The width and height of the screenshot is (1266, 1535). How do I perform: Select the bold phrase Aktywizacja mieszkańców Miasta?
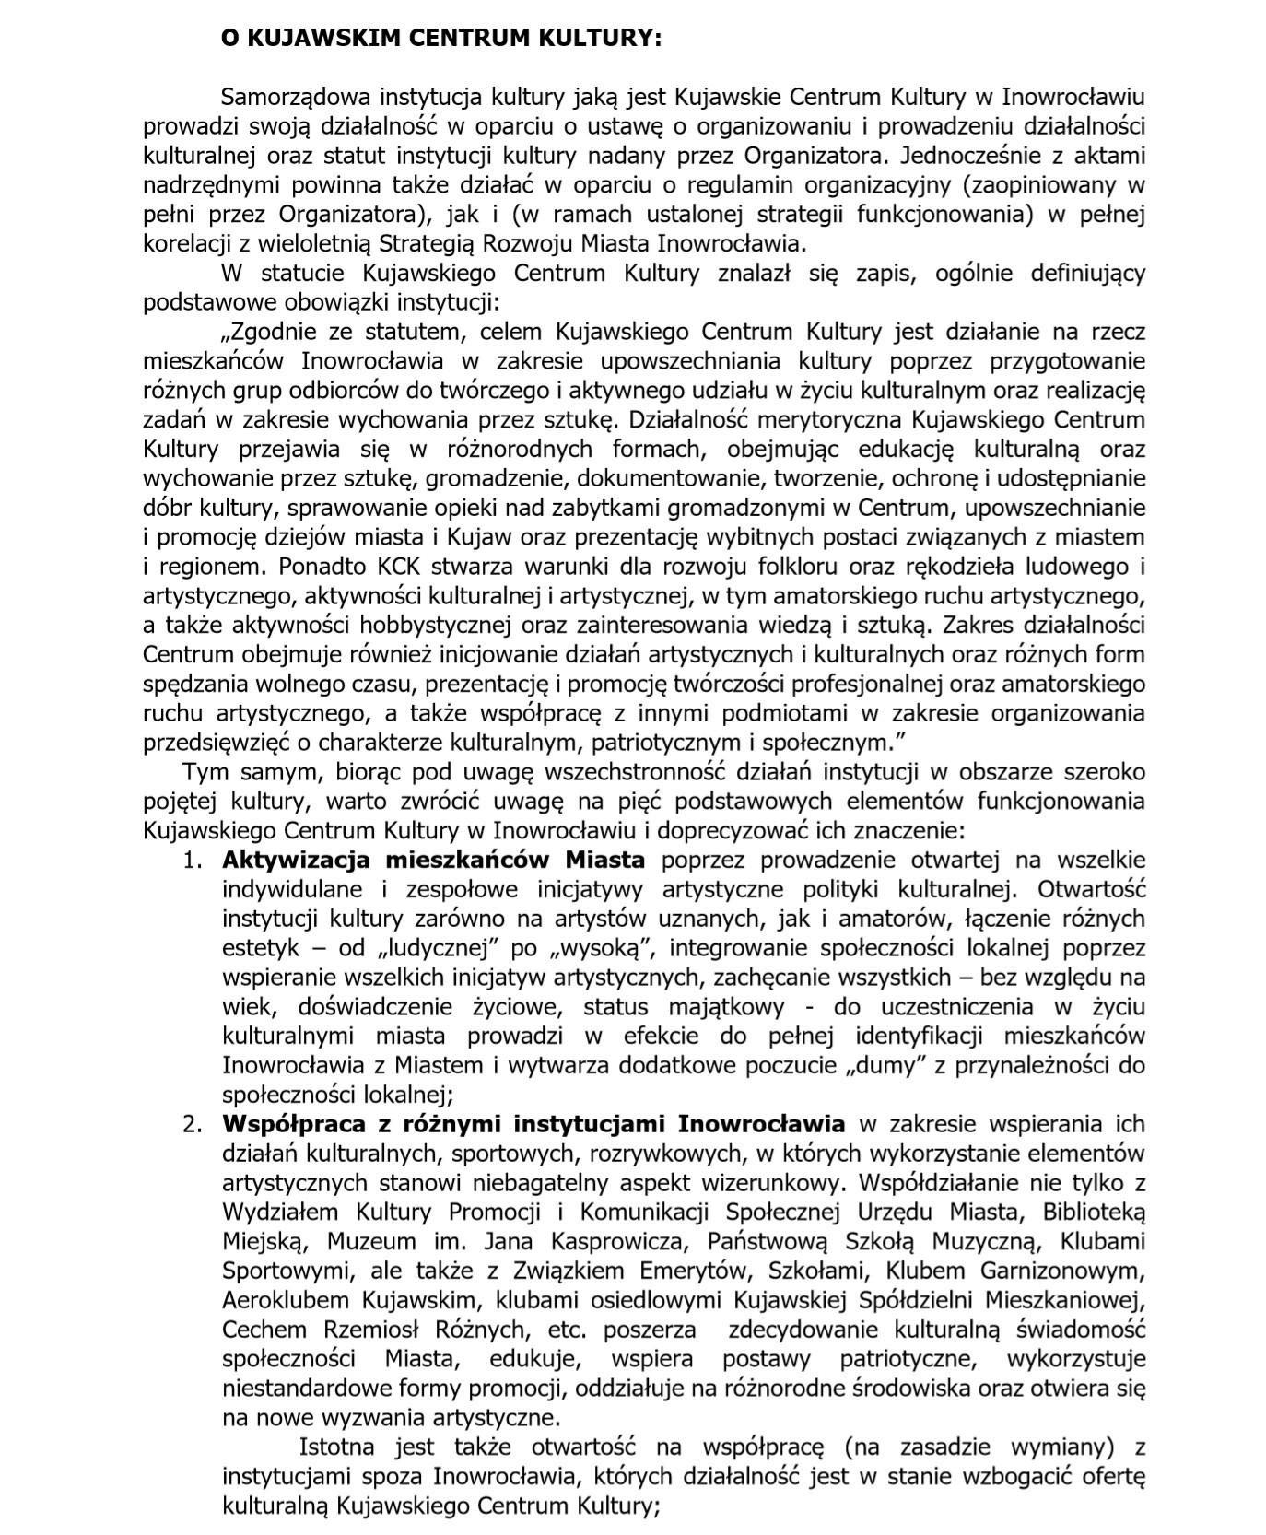coord(433,861)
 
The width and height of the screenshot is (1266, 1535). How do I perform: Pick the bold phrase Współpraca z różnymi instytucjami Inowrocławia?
coord(533,1124)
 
